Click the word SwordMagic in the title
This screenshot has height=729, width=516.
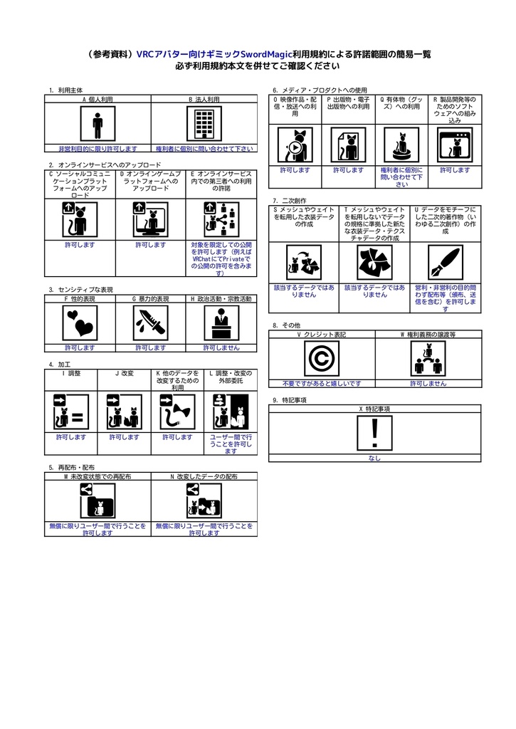(266, 54)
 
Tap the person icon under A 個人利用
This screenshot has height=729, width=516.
(98, 123)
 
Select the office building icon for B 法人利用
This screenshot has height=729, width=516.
(204, 123)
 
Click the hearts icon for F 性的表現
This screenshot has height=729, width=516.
(80, 323)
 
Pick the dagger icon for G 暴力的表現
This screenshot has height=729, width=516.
(151, 323)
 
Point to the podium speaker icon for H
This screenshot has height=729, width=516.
(222, 323)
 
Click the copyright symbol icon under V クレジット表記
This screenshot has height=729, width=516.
(322, 359)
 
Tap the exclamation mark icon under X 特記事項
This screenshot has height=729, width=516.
(374, 434)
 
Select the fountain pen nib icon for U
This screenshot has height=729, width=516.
(446, 263)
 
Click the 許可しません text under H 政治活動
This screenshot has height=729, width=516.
(221, 347)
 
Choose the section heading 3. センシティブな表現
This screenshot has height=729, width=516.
(81, 290)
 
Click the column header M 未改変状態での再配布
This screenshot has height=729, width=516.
(98, 476)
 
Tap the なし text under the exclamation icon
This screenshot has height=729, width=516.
(374, 458)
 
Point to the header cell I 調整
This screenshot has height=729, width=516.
(71, 373)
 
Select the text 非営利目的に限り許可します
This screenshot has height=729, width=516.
(98, 149)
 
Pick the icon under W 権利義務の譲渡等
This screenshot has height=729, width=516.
(428, 359)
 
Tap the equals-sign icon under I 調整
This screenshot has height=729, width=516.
(71, 412)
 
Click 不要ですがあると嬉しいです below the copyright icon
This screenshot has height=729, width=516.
(322, 384)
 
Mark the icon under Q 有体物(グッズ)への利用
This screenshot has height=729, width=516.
(401, 145)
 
